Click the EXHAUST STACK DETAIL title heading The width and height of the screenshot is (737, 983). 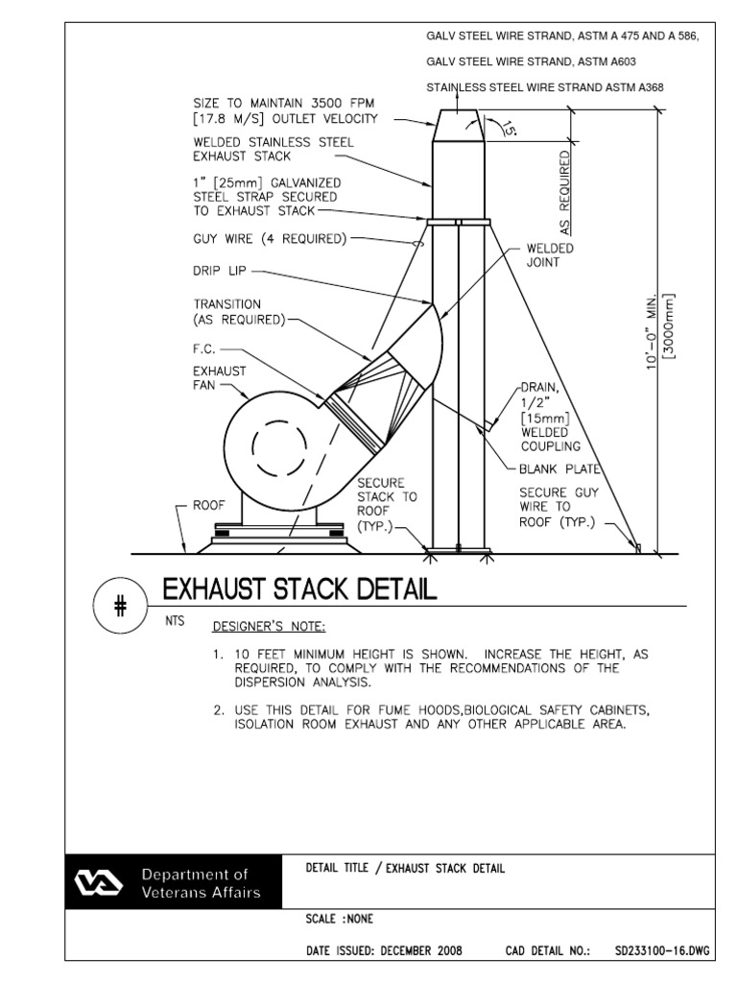pyautogui.click(x=299, y=588)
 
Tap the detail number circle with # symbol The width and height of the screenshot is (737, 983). pyautogui.click(x=120, y=607)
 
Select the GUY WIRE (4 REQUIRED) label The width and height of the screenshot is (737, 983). pyautogui.click(x=270, y=238)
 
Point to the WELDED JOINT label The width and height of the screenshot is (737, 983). pyautogui.click(x=550, y=255)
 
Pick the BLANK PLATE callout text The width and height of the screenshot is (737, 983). pyautogui.click(x=559, y=469)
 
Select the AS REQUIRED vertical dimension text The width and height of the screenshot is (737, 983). pyautogui.click(x=565, y=192)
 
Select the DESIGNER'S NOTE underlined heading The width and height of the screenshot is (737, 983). pyautogui.click(x=269, y=628)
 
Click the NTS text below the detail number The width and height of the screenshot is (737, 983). pyautogui.click(x=174, y=620)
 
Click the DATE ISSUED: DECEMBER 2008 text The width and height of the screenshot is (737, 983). pyautogui.click(x=384, y=951)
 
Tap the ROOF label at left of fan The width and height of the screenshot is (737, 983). pyautogui.click(x=208, y=505)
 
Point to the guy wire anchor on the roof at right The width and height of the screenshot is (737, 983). pyautogui.click(x=637, y=547)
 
